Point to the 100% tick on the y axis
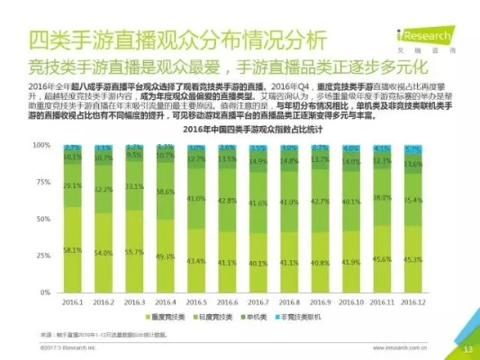pyautogui.click(x=41, y=145)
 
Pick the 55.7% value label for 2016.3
pyautogui.click(x=133, y=252)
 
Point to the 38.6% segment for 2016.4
pyautogui.click(x=164, y=192)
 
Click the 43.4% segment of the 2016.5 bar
pyautogui.click(x=195, y=261)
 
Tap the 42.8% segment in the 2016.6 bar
pyautogui.click(x=227, y=201)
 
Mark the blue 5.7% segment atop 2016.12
pyautogui.click(x=412, y=149)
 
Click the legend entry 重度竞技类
pyautogui.click(x=166, y=317)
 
